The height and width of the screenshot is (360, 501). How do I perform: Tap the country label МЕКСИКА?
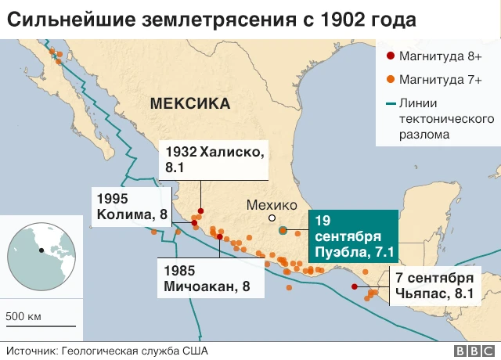tap(190, 103)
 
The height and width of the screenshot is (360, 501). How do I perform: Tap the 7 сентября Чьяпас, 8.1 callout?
tap(434, 286)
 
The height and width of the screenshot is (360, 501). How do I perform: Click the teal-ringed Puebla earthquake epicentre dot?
tap(283, 230)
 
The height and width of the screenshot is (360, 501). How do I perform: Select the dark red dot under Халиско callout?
tap(200, 211)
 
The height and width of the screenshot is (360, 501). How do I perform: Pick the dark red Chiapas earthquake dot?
tap(355, 286)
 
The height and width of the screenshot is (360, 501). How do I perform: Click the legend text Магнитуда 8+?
tap(440, 56)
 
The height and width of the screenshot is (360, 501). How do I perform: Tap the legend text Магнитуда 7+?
tap(440, 79)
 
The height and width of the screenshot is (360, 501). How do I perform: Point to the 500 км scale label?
tap(24, 316)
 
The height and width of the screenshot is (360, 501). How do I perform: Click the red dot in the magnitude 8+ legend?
tap(390, 56)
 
